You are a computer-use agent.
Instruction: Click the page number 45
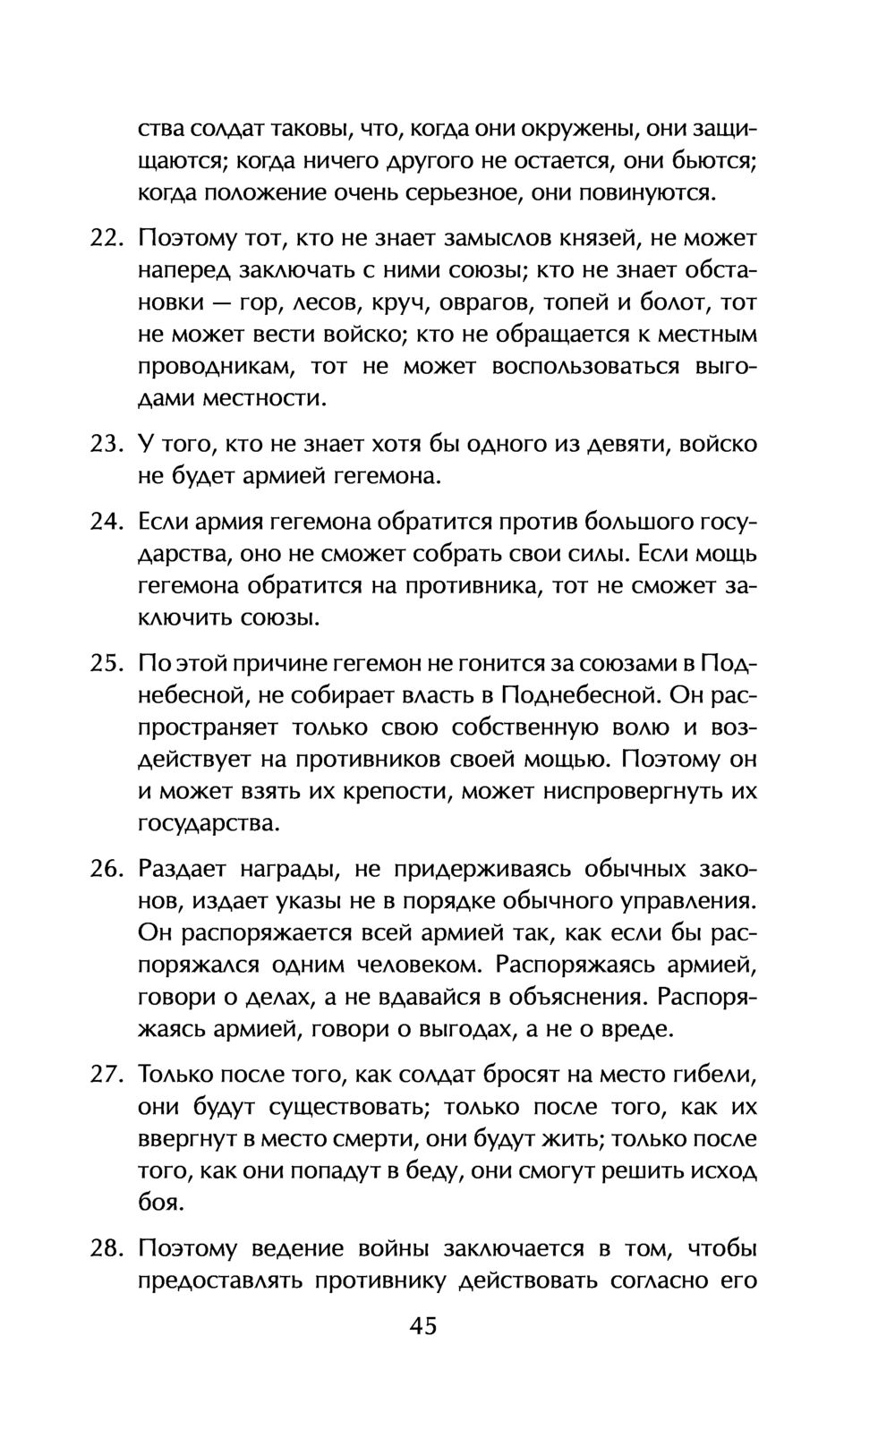[x=423, y=1325]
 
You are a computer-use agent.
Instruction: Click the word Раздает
[x=183, y=869]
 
